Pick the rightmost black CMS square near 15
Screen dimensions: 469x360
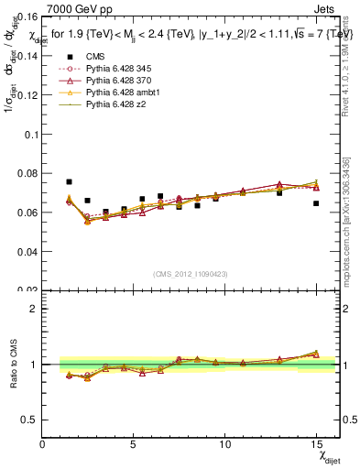click(316, 203)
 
